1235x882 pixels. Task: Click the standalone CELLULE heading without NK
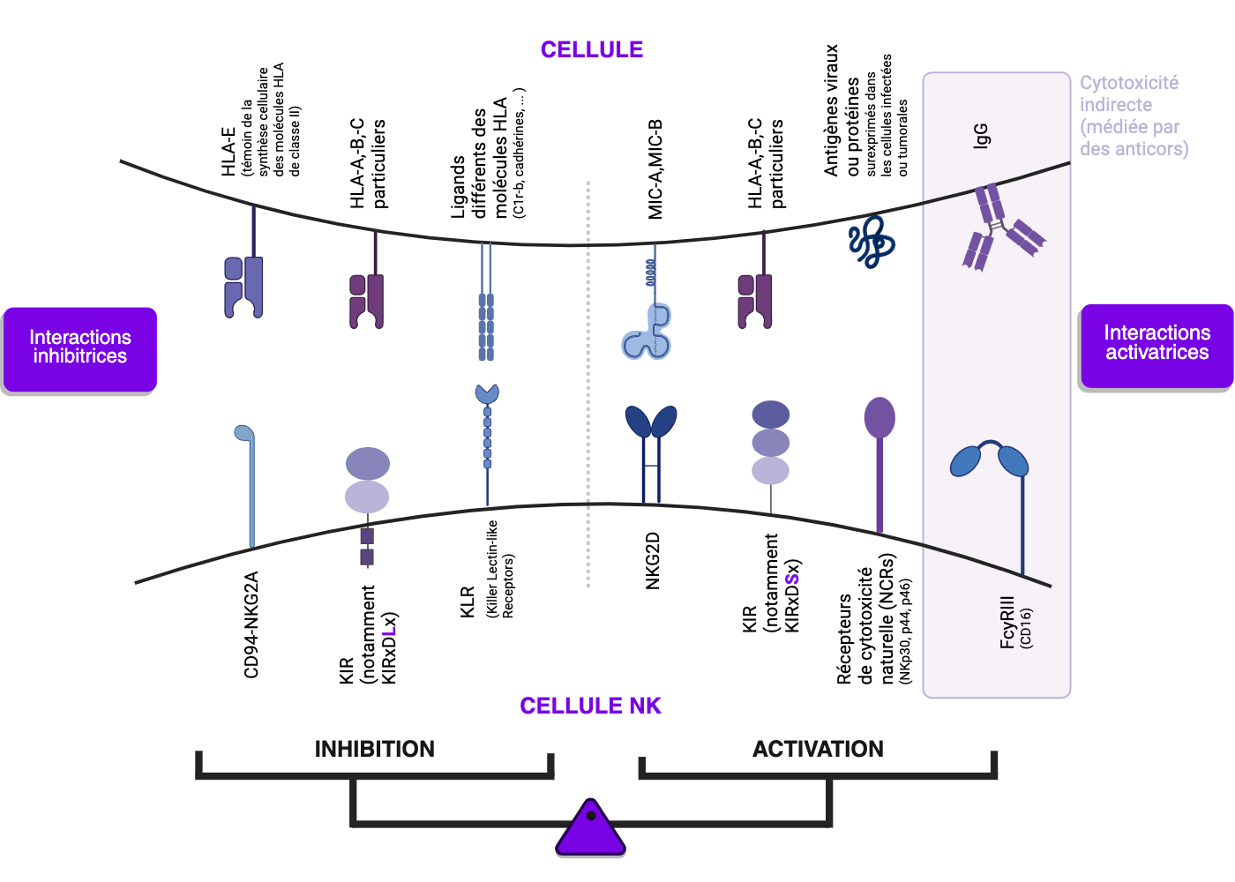click(x=592, y=49)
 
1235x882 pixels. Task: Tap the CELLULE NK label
click(x=590, y=706)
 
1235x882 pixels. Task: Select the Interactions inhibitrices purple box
click(x=80, y=348)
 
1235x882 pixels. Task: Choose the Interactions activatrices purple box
click(x=1156, y=344)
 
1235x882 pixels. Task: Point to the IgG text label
click(x=981, y=136)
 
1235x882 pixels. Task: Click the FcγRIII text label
click(x=1007, y=623)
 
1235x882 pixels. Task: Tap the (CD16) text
click(x=1026, y=628)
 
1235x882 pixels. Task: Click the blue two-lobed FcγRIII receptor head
click(x=989, y=459)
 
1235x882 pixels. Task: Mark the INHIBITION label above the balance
click(x=375, y=749)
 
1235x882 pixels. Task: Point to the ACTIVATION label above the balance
click(x=818, y=749)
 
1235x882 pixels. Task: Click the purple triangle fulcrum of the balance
click(x=591, y=829)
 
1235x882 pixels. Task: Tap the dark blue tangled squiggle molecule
click(x=872, y=241)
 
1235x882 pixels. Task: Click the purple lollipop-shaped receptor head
click(x=879, y=417)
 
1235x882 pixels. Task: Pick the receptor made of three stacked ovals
click(x=770, y=443)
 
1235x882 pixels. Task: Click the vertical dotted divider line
click(x=588, y=379)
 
